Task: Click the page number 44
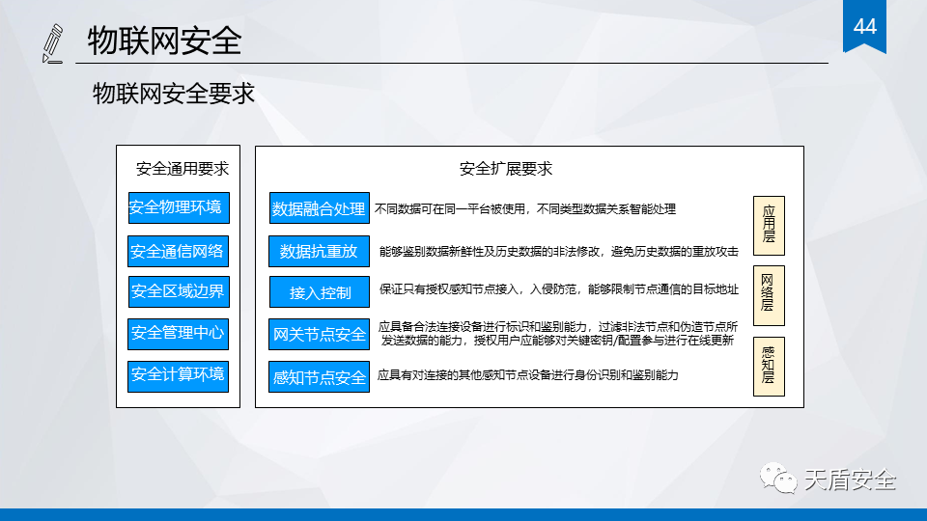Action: click(x=864, y=27)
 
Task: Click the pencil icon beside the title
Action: click(x=52, y=43)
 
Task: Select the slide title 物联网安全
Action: click(x=164, y=41)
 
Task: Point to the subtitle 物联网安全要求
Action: click(x=173, y=94)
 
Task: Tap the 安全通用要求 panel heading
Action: click(x=183, y=169)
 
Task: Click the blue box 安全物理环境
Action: click(x=179, y=208)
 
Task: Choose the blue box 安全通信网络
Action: click(x=178, y=252)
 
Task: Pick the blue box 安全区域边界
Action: click(x=179, y=291)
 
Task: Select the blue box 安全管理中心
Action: click(x=178, y=334)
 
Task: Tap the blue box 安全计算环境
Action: click(x=178, y=376)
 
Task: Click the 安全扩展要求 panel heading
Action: click(x=505, y=169)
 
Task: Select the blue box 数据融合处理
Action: click(x=320, y=208)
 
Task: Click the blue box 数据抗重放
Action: click(x=320, y=252)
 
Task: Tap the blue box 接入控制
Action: click(x=320, y=291)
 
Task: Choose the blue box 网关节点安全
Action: click(x=320, y=335)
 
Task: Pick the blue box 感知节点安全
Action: click(x=320, y=377)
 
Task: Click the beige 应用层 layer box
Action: click(x=769, y=226)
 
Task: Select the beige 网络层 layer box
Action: click(x=769, y=295)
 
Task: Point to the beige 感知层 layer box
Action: click(x=769, y=367)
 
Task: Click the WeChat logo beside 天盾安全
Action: click(x=778, y=478)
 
